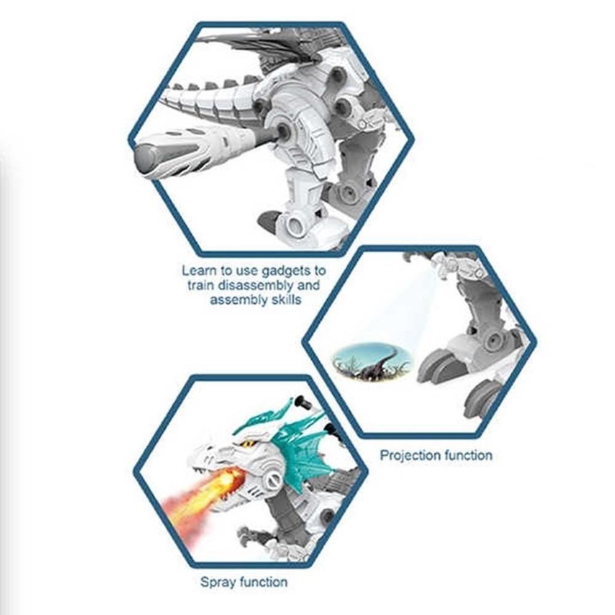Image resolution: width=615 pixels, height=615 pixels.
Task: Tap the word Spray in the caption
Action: coord(217,581)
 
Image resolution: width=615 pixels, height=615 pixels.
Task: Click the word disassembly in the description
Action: coord(258,285)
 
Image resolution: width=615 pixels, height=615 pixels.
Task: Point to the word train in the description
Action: coord(202,285)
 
